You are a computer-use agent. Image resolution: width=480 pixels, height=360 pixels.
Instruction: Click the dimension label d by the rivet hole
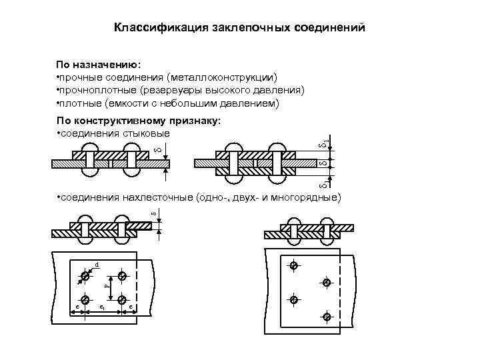click(x=97, y=265)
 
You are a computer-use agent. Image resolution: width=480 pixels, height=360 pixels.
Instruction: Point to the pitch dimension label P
click(x=107, y=285)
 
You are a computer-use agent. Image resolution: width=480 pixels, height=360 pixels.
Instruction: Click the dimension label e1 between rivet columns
click(x=101, y=307)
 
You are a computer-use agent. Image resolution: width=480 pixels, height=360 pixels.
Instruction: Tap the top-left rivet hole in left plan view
click(x=85, y=275)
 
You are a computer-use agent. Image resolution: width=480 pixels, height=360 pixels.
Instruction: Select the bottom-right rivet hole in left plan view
click(x=121, y=300)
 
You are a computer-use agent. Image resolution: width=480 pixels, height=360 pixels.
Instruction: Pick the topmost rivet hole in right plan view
click(x=293, y=266)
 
